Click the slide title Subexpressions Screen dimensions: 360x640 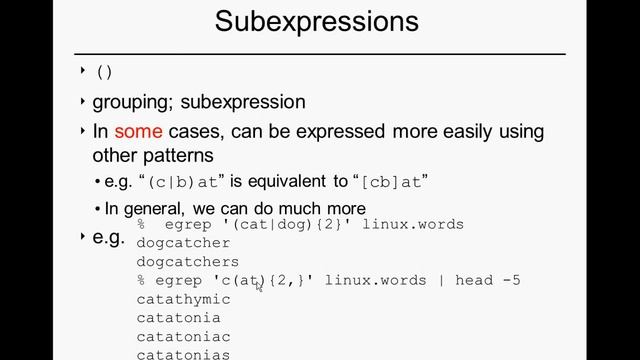click(316, 21)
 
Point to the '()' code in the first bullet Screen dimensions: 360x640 click(104, 72)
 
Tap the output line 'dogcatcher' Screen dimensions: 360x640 click(183, 243)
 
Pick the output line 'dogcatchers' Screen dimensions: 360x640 click(187, 262)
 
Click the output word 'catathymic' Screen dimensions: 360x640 click(183, 299)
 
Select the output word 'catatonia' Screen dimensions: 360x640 click(178, 318)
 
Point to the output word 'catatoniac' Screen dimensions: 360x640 click(183, 337)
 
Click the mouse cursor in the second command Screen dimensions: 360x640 click(258, 286)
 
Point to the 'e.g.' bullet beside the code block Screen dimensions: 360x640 click(108, 238)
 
